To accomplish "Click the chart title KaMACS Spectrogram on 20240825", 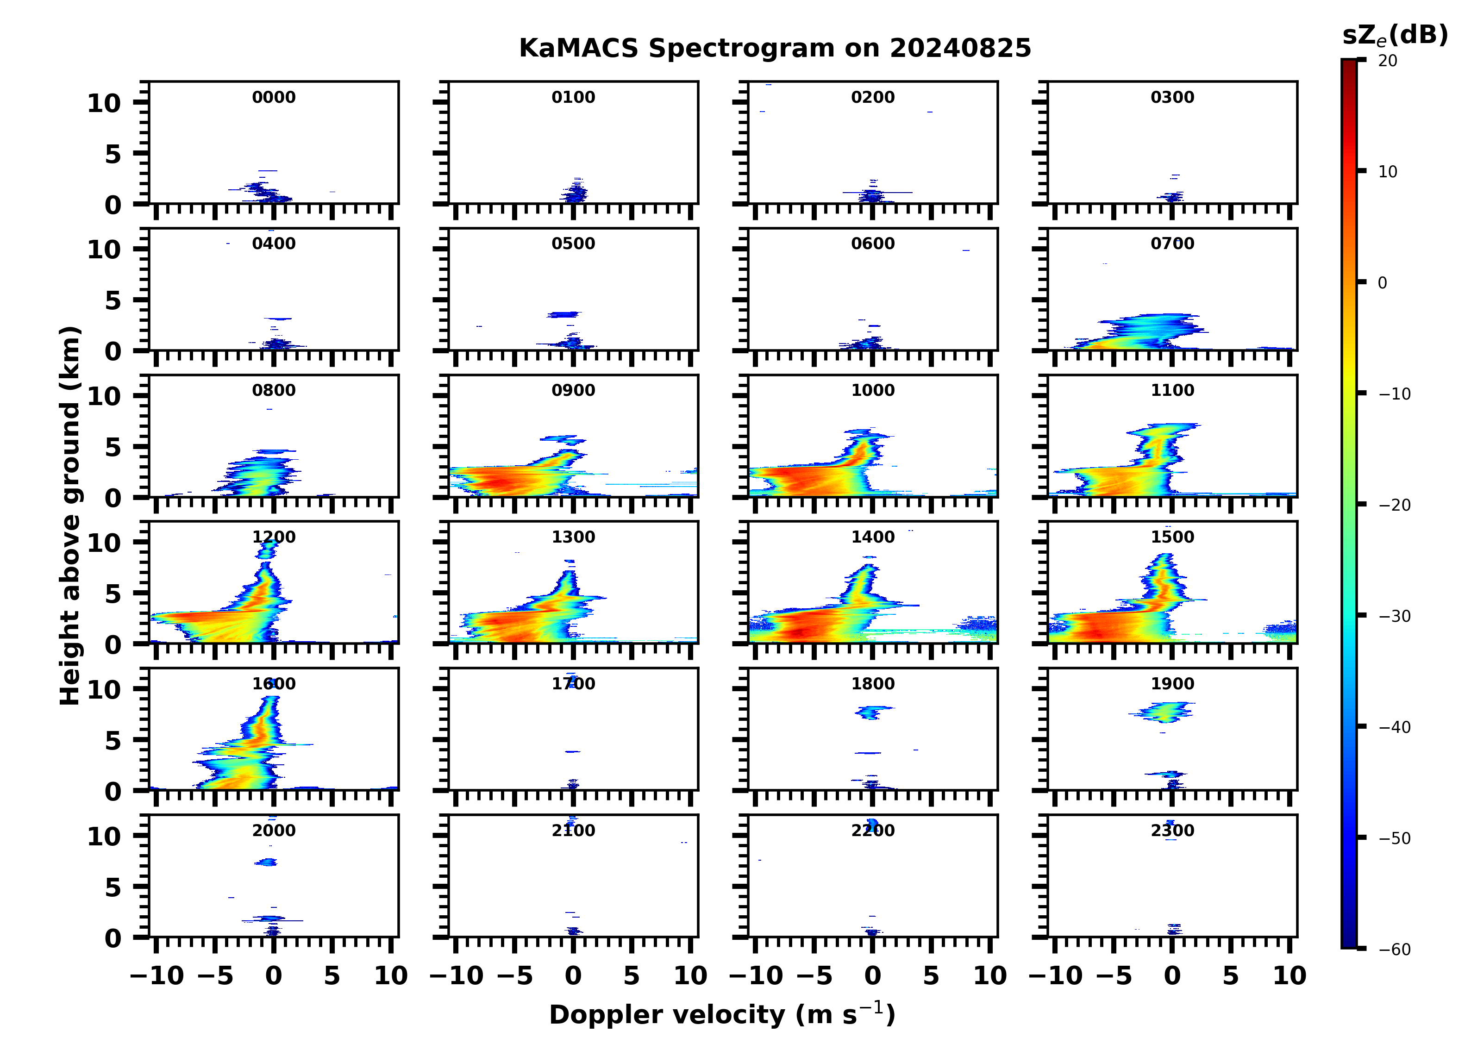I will [x=775, y=49].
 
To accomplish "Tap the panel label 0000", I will [x=273, y=97].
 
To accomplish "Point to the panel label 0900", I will [x=573, y=390].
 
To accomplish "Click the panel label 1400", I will [x=872, y=537].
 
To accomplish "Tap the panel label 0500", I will [x=573, y=244].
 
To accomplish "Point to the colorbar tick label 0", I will [x=1382, y=283].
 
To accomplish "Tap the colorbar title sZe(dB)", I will [x=1395, y=36].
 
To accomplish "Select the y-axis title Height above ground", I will [x=70, y=516].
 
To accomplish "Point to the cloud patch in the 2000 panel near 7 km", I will [x=266, y=862].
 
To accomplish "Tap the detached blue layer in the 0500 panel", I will [x=563, y=315].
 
